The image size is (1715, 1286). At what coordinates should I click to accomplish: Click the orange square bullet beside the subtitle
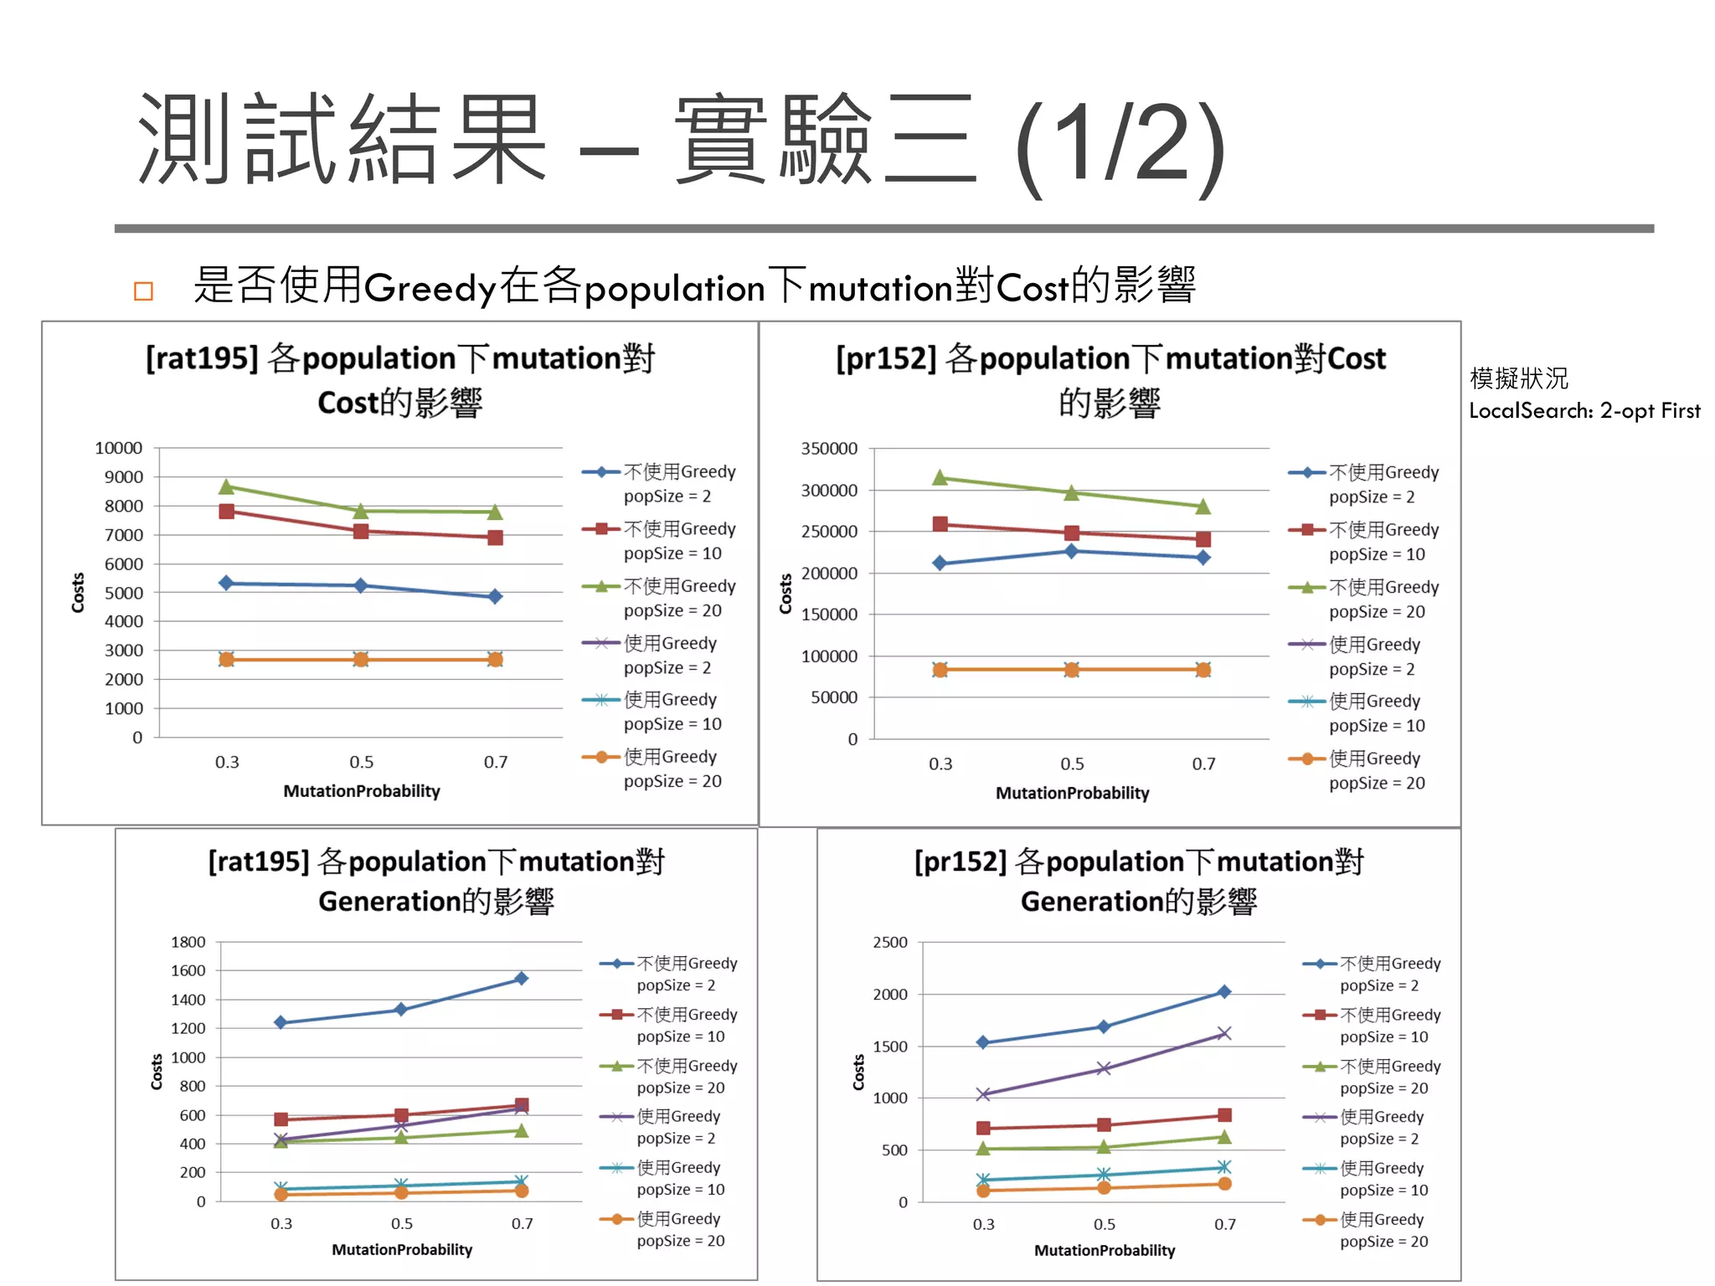click(143, 291)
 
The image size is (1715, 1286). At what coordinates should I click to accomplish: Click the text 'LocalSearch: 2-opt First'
click(1584, 410)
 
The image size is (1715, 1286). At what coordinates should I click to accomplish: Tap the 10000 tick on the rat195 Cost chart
click(118, 448)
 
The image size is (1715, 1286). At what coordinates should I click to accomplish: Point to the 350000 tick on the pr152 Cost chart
click(829, 449)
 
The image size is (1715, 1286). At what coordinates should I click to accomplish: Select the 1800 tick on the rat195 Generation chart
click(188, 942)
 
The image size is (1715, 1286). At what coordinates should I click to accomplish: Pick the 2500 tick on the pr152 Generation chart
click(889, 943)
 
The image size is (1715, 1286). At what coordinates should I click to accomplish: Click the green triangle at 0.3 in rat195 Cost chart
click(226, 486)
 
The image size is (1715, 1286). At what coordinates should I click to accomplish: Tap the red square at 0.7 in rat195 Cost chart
click(495, 538)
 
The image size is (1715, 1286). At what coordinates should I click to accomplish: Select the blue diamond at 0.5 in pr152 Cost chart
click(1071, 551)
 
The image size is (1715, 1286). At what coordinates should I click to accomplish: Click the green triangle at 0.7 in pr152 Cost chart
click(1203, 507)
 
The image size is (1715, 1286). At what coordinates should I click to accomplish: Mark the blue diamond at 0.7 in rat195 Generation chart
click(521, 978)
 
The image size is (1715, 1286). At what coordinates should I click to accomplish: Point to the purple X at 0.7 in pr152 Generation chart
click(1223, 1033)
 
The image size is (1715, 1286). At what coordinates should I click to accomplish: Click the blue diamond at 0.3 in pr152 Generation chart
click(983, 1042)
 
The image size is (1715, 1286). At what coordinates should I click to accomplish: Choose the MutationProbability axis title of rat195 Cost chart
click(362, 791)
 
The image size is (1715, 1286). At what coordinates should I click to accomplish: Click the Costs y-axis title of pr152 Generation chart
click(858, 1072)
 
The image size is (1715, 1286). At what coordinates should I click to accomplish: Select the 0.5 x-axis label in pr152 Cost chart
click(1072, 764)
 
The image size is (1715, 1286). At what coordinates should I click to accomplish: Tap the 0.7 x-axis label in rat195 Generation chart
click(522, 1223)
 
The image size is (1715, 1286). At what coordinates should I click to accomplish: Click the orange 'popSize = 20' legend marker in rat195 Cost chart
click(600, 757)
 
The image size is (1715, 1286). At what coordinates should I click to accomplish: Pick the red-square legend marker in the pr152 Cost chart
click(1306, 530)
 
